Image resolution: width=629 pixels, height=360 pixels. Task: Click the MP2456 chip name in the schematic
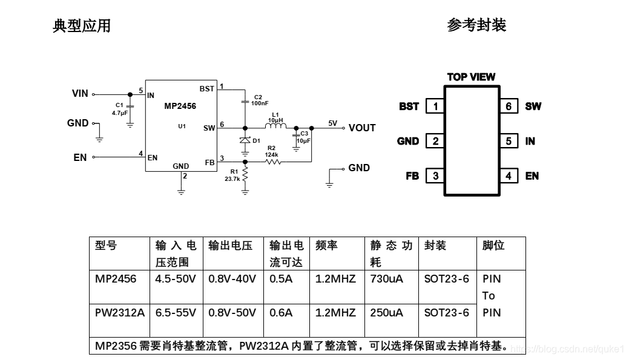[x=180, y=106]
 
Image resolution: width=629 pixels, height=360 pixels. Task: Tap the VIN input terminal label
[x=80, y=94]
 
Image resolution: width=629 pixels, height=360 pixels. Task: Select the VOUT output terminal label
[x=362, y=128]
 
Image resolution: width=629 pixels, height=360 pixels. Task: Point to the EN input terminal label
[x=80, y=157]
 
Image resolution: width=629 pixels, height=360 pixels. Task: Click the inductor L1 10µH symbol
[x=275, y=127]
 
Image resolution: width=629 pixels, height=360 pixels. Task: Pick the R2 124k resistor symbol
[x=272, y=162]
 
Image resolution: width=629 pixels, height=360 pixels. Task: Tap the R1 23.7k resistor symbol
[x=245, y=175]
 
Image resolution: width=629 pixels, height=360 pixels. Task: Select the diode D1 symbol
[x=245, y=140]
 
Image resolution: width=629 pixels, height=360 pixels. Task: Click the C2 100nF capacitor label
[x=259, y=100]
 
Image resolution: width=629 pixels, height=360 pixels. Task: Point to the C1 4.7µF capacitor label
[x=120, y=109]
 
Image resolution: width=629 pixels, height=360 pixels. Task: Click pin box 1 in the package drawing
[x=435, y=106]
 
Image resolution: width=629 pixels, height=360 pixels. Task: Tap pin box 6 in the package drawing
[x=509, y=106]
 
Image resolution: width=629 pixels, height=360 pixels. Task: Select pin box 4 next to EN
[x=509, y=176]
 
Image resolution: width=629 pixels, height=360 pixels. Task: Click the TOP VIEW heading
[x=471, y=77]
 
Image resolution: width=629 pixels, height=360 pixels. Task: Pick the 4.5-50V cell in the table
[x=176, y=279]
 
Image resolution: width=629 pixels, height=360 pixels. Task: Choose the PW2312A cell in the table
[x=120, y=313]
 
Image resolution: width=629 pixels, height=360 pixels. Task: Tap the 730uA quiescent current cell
[x=387, y=279]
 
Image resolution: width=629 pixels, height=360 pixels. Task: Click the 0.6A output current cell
[x=281, y=313]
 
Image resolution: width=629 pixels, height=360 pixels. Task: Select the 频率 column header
[x=327, y=245]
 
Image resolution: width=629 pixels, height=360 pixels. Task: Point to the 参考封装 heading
[x=476, y=25]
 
